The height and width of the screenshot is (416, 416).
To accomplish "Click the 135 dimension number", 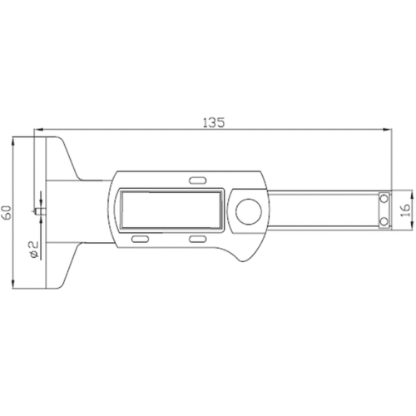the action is click(214, 122).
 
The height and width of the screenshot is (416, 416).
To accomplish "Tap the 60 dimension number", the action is click(7, 212).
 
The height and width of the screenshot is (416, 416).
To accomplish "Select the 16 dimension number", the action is click(405, 210).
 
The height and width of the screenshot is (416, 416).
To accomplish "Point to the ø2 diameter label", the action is click(33, 250).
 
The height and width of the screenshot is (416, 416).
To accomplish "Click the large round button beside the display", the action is click(249, 211).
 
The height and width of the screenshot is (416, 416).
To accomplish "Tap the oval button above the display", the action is click(198, 181).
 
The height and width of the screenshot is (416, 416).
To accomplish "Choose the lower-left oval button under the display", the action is click(140, 239).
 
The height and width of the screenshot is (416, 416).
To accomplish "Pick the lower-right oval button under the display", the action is click(198, 239).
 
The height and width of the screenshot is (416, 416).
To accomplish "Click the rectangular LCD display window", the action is click(171, 210).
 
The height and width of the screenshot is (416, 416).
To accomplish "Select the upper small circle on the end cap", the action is click(384, 199).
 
